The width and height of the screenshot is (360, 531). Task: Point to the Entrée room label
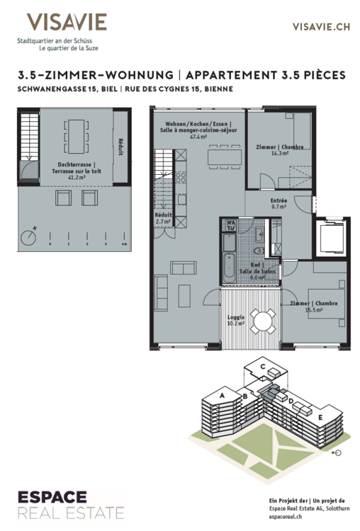pyautogui.click(x=279, y=200)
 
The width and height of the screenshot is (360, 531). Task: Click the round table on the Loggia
pyautogui.click(x=264, y=322)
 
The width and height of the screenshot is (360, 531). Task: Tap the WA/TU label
pyautogui.click(x=230, y=226)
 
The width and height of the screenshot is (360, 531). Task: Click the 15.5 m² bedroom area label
pyautogui.click(x=314, y=310)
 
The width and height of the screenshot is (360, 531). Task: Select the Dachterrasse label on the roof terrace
pyautogui.click(x=71, y=164)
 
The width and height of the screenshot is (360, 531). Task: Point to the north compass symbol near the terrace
pyautogui.click(x=30, y=236)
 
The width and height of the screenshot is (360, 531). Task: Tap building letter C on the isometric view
pyautogui.click(x=263, y=367)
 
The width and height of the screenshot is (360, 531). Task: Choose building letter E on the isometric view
pyautogui.click(x=320, y=417)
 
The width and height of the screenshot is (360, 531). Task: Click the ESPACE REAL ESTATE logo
pyautogui.click(x=64, y=504)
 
